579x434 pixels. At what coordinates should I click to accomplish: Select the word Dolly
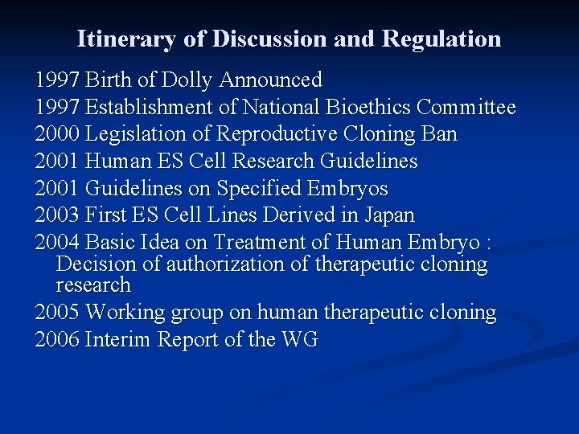[187, 80]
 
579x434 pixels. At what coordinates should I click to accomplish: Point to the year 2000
[57, 134]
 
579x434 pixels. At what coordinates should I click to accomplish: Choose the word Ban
[440, 134]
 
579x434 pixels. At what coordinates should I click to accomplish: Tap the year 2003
[57, 215]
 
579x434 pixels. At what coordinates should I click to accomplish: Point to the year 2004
[57, 242]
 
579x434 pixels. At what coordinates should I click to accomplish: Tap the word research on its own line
[92, 285]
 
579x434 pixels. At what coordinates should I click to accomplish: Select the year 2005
[57, 313]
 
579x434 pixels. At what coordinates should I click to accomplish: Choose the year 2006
[57, 340]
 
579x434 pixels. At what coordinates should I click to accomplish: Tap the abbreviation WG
[300, 340]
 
